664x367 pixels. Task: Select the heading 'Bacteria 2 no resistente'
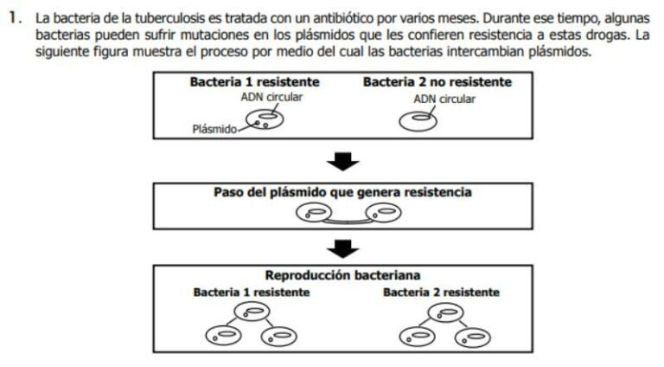[437, 82]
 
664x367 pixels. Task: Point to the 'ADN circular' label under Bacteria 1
[271, 97]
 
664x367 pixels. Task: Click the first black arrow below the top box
[346, 160]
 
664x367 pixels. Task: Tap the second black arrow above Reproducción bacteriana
[346, 249]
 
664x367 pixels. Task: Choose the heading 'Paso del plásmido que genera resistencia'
[342, 191]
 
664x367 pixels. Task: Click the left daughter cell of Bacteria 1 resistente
[221, 335]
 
